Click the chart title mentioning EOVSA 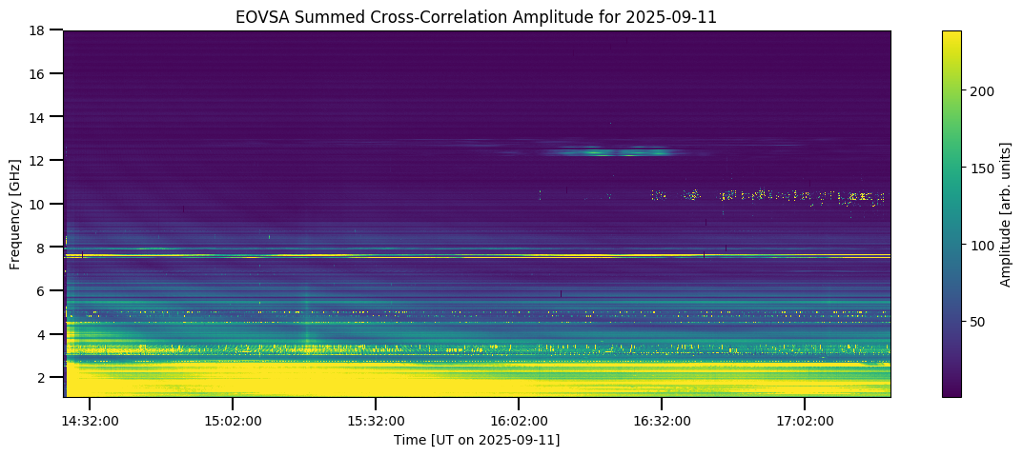click(477, 16)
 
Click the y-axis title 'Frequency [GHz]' click(16, 214)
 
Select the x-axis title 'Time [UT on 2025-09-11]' click(477, 440)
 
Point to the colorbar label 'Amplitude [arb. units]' click(1005, 214)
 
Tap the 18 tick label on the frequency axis click(39, 30)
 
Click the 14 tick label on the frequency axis click(39, 117)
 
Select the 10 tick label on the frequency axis click(39, 204)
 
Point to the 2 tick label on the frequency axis click(43, 378)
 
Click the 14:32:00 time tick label click(90, 421)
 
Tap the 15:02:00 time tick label click(233, 421)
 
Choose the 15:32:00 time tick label click(376, 421)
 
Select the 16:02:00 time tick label click(519, 421)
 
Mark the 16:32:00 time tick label click(662, 421)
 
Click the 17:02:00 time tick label click(805, 421)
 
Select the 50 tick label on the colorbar click(978, 322)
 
